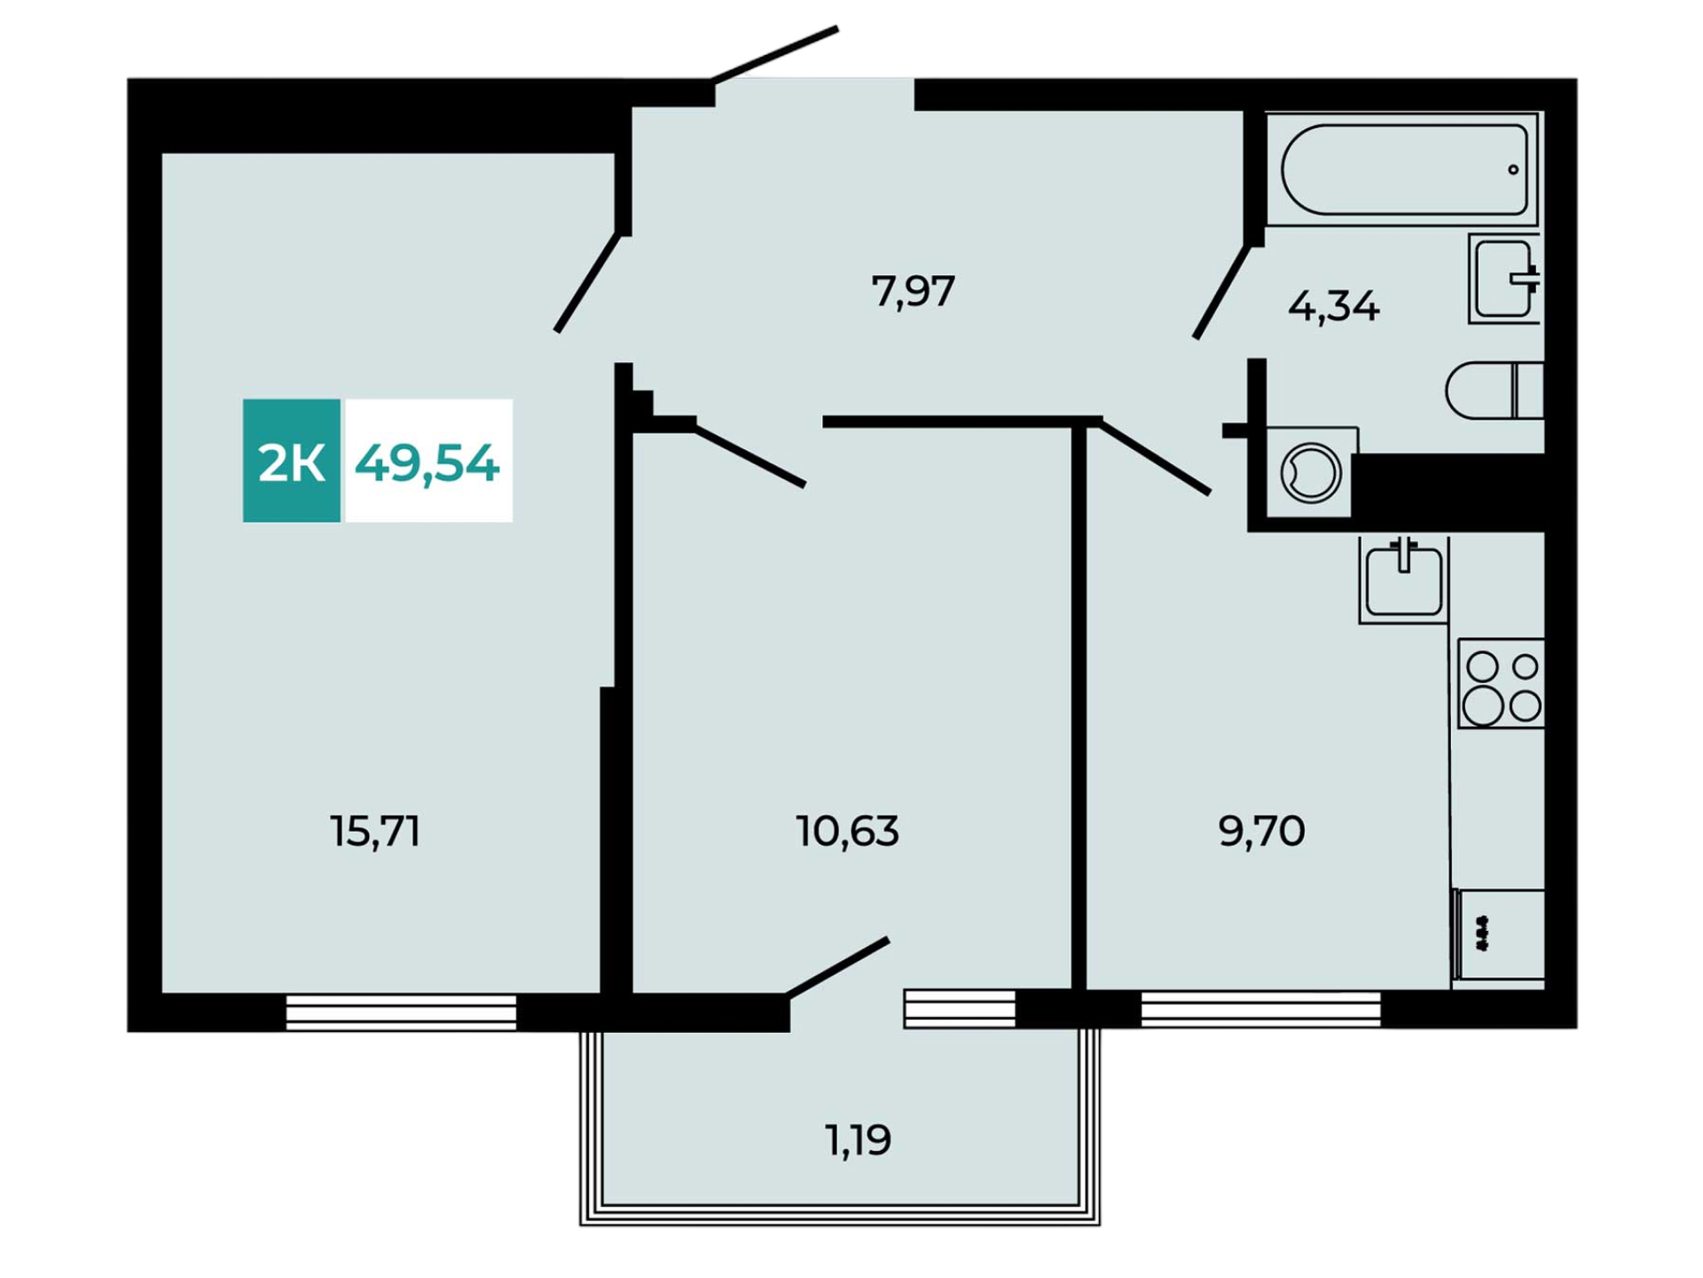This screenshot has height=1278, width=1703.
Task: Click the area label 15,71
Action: (x=374, y=832)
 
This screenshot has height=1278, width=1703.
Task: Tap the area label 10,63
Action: (x=847, y=832)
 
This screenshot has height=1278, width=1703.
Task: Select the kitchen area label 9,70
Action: (x=1261, y=832)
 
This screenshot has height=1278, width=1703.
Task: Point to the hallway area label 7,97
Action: (x=913, y=291)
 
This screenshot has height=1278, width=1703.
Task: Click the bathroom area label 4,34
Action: (x=1333, y=307)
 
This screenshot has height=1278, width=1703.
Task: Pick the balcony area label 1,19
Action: (x=858, y=1140)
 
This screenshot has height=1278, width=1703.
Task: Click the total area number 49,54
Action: (x=427, y=463)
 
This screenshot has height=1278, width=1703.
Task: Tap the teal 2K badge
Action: (x=292, y=461)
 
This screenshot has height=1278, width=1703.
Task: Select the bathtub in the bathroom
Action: (x=1403, y=170)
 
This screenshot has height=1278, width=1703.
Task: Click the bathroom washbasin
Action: (x=1505, y=279)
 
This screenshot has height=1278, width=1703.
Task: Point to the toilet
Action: (x=1495, y=390)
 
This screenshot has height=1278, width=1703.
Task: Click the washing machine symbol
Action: (x=1310, y=472)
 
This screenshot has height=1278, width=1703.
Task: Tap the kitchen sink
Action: (x=1403, y=580)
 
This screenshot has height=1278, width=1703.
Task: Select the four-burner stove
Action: (x=1501, y=683)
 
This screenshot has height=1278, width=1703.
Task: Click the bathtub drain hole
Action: (x=1513, y=170)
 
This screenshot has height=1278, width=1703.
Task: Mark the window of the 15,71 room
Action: (x=401, y=1012)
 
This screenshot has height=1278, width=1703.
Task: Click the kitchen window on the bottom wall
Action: (x=1260, y=1009)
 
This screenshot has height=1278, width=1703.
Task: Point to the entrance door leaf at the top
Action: (x=774, y=55)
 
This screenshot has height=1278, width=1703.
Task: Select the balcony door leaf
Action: (x=837, y=967)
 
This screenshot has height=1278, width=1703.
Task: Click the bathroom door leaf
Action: (x=1222, y=291)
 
